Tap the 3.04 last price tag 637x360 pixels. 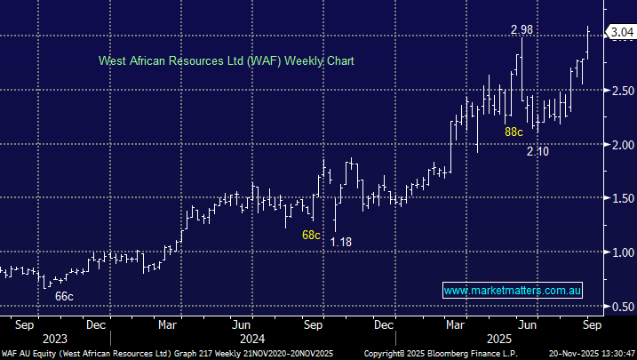619,33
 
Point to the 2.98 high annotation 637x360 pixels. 522,30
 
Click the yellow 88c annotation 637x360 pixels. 514,132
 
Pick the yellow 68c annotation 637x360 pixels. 311,236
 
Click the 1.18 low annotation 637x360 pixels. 340,241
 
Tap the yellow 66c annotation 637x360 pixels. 64,295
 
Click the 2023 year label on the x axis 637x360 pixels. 53,338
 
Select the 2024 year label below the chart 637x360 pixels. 251,338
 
